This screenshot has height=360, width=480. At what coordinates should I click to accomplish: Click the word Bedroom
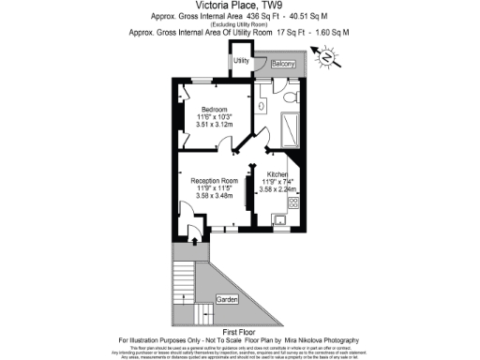pos(215,110)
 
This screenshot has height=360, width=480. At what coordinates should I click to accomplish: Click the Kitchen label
pos(277,174)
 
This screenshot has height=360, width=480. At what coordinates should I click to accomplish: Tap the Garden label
pos(227,298)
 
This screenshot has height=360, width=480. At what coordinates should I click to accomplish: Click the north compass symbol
pos(328,59)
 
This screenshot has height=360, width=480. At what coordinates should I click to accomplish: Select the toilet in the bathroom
pos(293,97)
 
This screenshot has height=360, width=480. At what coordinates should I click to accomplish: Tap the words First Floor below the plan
pos(239,330)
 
